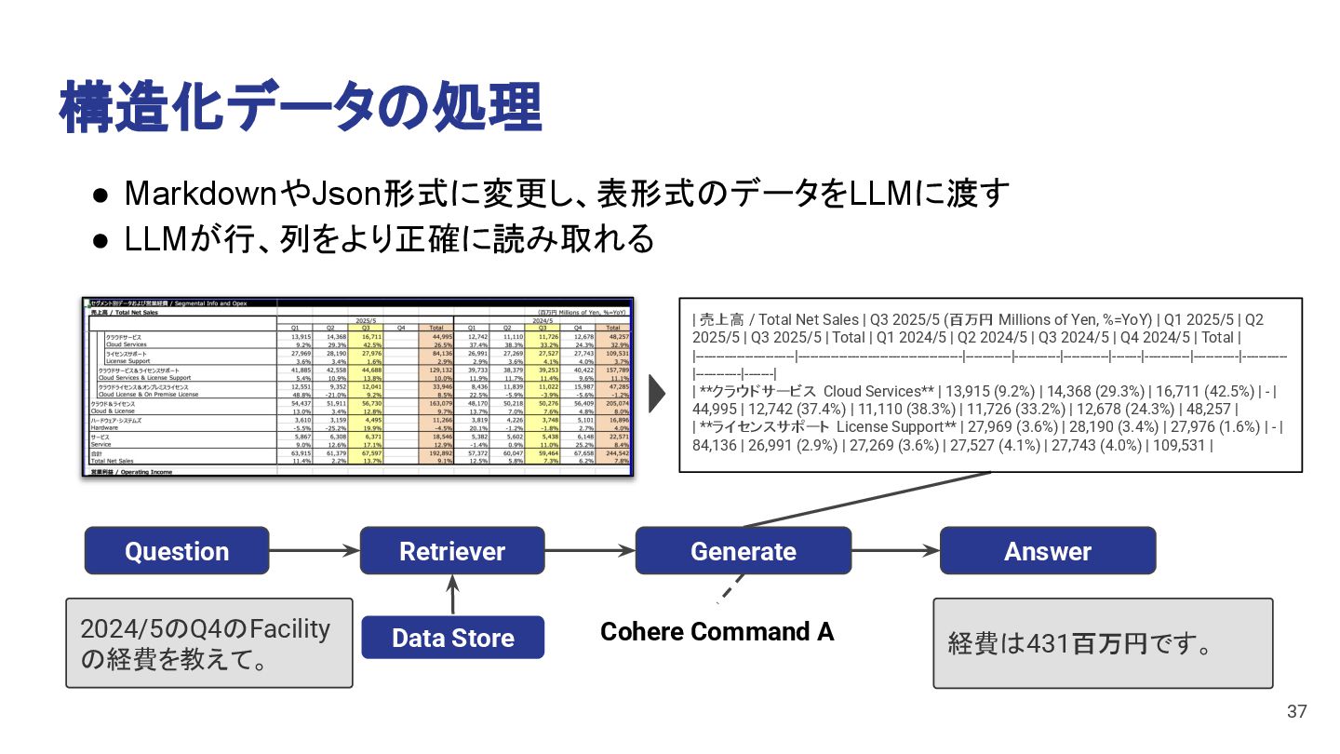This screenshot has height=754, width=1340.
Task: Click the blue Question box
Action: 177,550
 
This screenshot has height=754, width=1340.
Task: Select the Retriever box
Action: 451,550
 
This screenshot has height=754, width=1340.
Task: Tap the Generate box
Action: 743,550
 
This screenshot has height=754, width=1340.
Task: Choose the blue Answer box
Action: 1047,550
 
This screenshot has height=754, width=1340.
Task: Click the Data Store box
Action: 452,638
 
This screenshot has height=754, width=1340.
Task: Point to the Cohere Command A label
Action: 717,632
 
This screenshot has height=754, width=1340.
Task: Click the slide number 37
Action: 1296,712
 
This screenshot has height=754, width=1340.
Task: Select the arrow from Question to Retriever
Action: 314,551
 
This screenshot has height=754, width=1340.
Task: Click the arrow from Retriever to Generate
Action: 589,551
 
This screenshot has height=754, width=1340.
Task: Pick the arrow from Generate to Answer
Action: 895,551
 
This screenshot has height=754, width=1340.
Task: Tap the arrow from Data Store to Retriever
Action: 452,595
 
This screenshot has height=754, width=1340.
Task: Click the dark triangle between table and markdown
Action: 657,394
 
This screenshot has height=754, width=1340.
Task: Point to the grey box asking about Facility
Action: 209,643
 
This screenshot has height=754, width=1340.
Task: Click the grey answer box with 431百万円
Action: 1103,643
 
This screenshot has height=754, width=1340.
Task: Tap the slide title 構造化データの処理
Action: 301,107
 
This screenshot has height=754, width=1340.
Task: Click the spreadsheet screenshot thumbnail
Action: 357,387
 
